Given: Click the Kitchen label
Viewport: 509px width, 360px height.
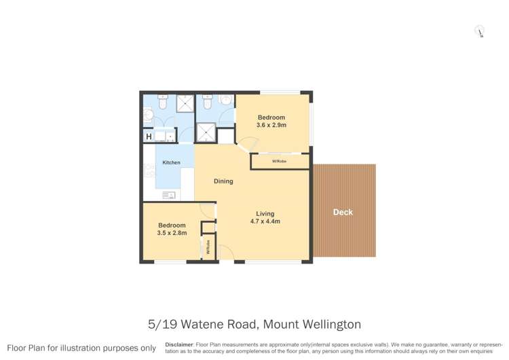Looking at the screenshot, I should (171, 162).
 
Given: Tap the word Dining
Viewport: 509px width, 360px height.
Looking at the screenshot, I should (223, 181).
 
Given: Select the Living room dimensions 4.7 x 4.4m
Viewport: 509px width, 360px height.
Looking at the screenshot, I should (265, 221).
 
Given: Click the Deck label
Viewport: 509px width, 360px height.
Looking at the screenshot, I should (343, 213).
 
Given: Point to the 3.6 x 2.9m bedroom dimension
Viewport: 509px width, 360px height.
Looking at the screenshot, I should (271, 125).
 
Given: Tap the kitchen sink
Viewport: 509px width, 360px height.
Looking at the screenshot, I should (169, 196).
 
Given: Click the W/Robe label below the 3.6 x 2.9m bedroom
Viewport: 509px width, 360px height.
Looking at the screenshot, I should (278, 161).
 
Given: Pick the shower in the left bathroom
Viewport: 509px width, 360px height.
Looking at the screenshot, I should (185, 103).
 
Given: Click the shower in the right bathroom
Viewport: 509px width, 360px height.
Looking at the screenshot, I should (205, 132).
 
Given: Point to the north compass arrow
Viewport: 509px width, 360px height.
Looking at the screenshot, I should (480, 32).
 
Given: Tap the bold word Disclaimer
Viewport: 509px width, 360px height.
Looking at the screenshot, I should (178, 344).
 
